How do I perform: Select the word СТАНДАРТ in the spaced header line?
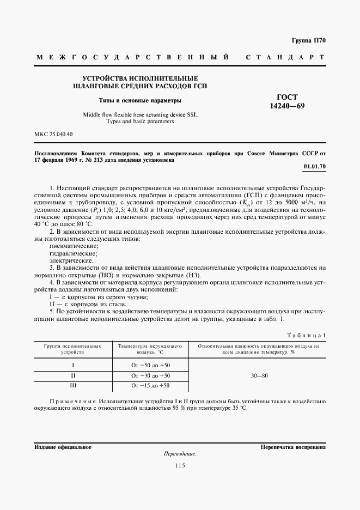(285, 57)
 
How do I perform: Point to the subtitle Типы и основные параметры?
(140, 101)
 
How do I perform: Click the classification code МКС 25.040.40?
(53, 134)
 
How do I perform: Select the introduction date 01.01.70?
(314, 166)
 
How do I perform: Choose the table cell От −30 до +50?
(150, 375)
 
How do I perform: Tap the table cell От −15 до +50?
(150, 386)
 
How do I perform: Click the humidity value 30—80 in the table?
(258, 375)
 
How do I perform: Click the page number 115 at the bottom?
(180, 465)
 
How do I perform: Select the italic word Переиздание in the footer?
(179, 454)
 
